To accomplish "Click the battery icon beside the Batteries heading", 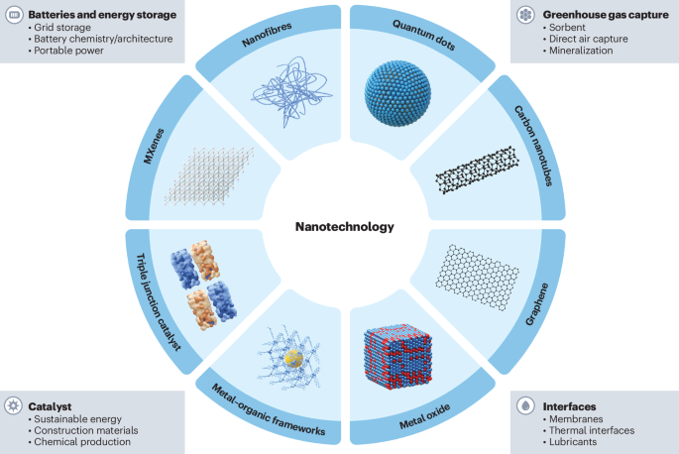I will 15,15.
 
